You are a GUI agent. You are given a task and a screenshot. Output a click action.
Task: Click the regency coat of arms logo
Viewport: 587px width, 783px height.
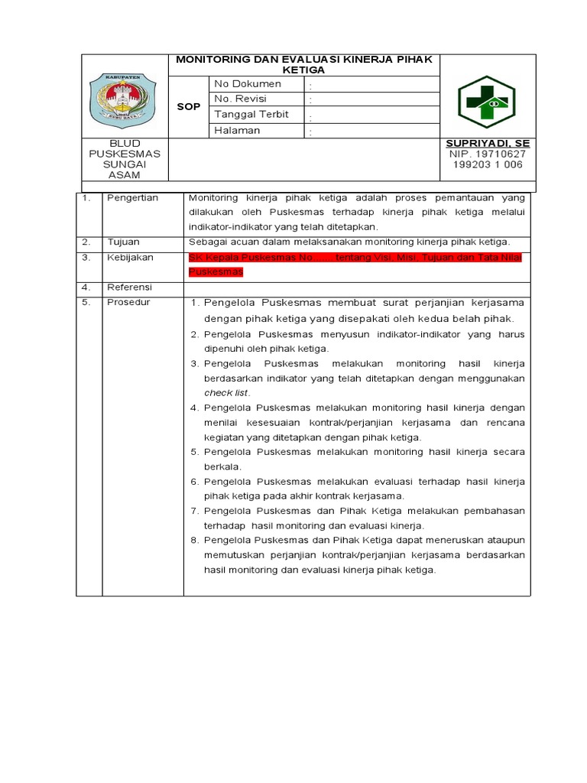tap(124, 100)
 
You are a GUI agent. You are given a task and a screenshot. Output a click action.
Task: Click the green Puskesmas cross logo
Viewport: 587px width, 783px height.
tap(486, 102)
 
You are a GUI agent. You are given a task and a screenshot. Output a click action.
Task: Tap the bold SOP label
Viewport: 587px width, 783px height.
tap(188, 107)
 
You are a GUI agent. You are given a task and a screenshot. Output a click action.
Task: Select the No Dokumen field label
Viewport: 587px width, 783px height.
tap(248, 84)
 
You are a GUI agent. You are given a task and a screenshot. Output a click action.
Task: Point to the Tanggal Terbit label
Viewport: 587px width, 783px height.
tap(251, 115)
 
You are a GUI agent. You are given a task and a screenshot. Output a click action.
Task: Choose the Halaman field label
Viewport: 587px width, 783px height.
tap(237, 130)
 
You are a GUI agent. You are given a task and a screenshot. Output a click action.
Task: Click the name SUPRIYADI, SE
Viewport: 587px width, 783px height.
tap(488, 144)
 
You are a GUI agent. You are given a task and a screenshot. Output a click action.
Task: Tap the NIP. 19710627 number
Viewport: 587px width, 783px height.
tap(488, 154)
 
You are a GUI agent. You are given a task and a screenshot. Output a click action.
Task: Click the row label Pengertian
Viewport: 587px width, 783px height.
tap(132, 198)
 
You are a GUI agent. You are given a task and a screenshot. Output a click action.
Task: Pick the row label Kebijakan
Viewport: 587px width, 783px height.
tap(130, 258)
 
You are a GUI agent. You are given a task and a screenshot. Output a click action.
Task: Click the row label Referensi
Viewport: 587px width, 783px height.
tap(130, 288)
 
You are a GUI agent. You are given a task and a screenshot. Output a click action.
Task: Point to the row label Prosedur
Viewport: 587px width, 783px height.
tap(128, 302)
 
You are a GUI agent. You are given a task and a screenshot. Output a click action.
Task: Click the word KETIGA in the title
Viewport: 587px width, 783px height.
tap(303, 70)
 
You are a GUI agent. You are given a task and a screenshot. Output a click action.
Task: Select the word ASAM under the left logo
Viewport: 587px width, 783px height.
tap(124, 175)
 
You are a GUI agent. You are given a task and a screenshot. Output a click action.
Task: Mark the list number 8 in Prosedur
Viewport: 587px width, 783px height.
tap(194, 541)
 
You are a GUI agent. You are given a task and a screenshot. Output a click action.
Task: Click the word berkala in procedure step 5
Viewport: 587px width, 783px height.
tap(222, 466)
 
